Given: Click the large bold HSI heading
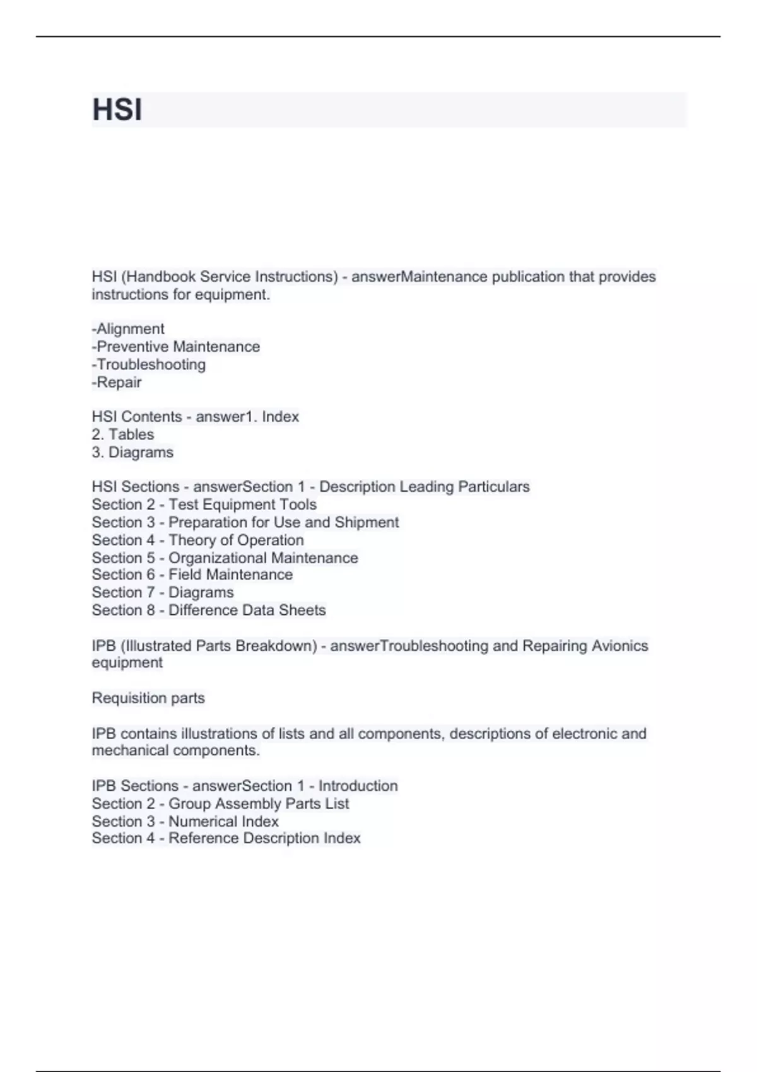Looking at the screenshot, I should coord(117,110).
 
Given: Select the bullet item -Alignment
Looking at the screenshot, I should coord(128,329).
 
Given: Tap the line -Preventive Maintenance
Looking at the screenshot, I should coord(176,347).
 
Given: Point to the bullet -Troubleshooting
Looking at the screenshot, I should coord(149,364).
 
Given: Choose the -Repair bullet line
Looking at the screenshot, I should coord(117,382).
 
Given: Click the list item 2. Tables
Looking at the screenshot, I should coord(123,434).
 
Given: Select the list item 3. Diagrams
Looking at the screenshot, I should coord(132,452).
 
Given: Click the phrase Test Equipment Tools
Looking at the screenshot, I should coord(242,504).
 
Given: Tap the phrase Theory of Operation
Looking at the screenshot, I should coord(236,540).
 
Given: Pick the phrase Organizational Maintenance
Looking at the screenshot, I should coord(263,558).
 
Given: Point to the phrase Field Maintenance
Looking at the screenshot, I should coord(230,574).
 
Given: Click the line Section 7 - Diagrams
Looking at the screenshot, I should coord(163,592).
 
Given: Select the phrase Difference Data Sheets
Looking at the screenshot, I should coord(247,610).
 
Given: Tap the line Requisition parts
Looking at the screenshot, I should coord(148,698).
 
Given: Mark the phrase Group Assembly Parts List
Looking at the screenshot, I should coord(259,803).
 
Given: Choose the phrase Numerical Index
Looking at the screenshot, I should coord(223,821).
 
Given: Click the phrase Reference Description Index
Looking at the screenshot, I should coord(264,838).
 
